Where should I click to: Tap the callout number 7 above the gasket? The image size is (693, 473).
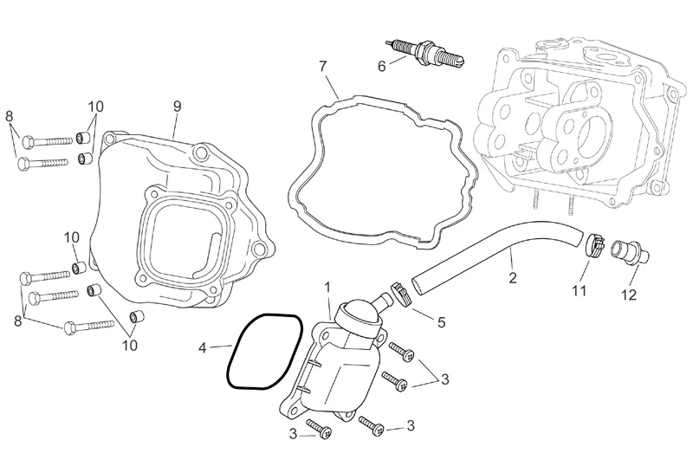pyautogui.click(x=323, y=67)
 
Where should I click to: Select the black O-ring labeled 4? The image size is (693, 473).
pyautogui.click(x=264, y=352)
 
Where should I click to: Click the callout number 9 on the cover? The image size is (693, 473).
pyautogui.click(x=177, y=107)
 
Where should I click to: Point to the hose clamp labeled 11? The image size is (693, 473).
pyautogui.click(x=595, y=245)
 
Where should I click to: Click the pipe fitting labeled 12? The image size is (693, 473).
pyautogui.click(x=630, y=251)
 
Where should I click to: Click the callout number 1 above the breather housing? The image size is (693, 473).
pyautogui.click(x=327, y=288)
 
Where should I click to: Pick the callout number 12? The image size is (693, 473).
pyautogui.click(x=629, y=295)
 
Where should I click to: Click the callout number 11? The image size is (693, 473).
pyautogui.click(x=579, y=290)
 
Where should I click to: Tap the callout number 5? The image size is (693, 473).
pyautogui.click(x=441, y=321)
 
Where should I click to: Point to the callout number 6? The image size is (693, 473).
pyautogui.click(x=382, y=67)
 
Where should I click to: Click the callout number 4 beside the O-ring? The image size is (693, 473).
pyautogui.click(x=202, y=348)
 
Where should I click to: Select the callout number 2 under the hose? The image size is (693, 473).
pyautogui.click(x=513, y=277)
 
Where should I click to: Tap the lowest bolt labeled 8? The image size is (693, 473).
pyautogui.click(x=89, y=327)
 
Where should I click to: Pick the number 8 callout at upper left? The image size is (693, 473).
pyautogui.click(x=9, y=117)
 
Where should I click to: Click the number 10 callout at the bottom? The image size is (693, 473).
pyautogui.click(x=130, y=346)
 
